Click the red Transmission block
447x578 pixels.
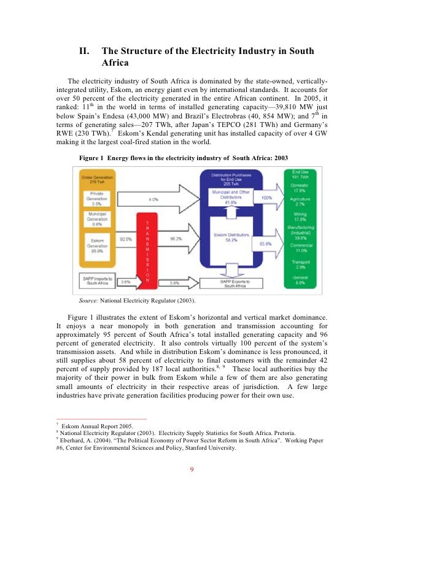click(x=147, y=252)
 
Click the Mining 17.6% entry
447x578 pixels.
click(x=301, y=217)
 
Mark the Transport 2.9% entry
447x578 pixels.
click(x=301, y=264)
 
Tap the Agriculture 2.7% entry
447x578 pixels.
click(x=301, y=202)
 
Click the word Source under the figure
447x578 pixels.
click(x=88, y=301)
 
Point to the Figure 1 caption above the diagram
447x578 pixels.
click(x=184, y=158)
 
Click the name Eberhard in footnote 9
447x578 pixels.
click(x=73, y=440)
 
